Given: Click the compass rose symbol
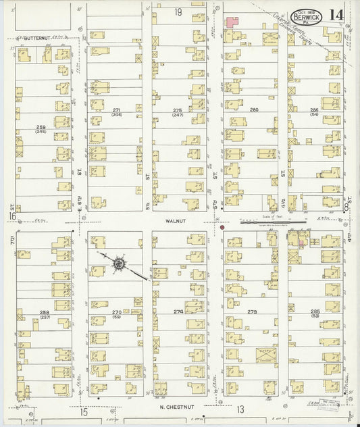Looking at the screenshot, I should (120, 262).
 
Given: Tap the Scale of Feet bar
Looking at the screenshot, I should (274, 219).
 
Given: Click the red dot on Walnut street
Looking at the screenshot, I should (222, 228).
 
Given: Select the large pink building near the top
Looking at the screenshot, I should (232, 22).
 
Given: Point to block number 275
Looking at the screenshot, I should (177, 109).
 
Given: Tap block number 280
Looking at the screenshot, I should (254, 109).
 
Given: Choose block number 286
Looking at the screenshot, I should (314, 109).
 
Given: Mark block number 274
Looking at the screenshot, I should (178, 311).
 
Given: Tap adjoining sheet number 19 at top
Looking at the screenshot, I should (178, 12).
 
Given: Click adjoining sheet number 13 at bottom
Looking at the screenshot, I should (240, 409).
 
